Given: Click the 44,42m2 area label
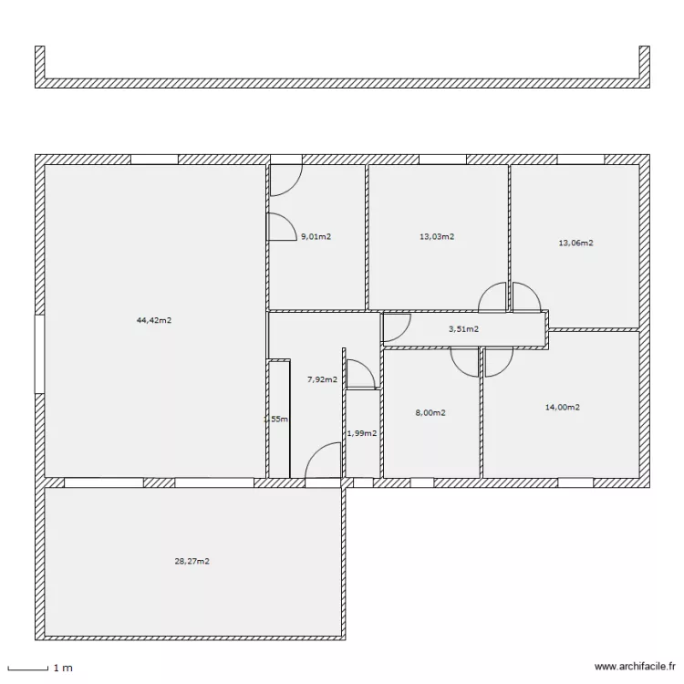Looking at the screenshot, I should click(x=154, y=320).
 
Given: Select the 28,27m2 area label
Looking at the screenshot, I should click(x=192, y=562).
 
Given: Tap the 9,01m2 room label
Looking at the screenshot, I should click(x=316, y=237).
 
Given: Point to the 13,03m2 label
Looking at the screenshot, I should click(x=437, y=236).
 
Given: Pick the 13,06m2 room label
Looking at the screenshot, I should click(x=575, y=244).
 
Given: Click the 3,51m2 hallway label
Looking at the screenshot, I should click(x=463, y=329).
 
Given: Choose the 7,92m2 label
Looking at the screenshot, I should click(x=322, y=379).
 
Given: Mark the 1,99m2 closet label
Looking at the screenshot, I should click(x=362, y=433).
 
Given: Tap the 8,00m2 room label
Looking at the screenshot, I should click(x=430, y=413).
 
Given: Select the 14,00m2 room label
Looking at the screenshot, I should click(x=563, y=408).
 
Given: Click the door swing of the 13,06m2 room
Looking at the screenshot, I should click(x=526, y=297).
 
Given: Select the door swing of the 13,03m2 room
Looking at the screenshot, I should click(x=493, y=297).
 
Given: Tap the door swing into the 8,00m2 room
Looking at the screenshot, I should click(x=464, y=361).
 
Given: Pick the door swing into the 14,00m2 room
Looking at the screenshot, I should click(x=498, y=361).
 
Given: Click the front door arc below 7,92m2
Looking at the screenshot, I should click(x=322, y=461).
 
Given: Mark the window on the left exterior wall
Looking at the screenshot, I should click(x=39, y=354).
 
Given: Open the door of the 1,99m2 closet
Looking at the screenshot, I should click(x=359, y=375).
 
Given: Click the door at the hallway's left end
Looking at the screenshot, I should click(x=395, y=326).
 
